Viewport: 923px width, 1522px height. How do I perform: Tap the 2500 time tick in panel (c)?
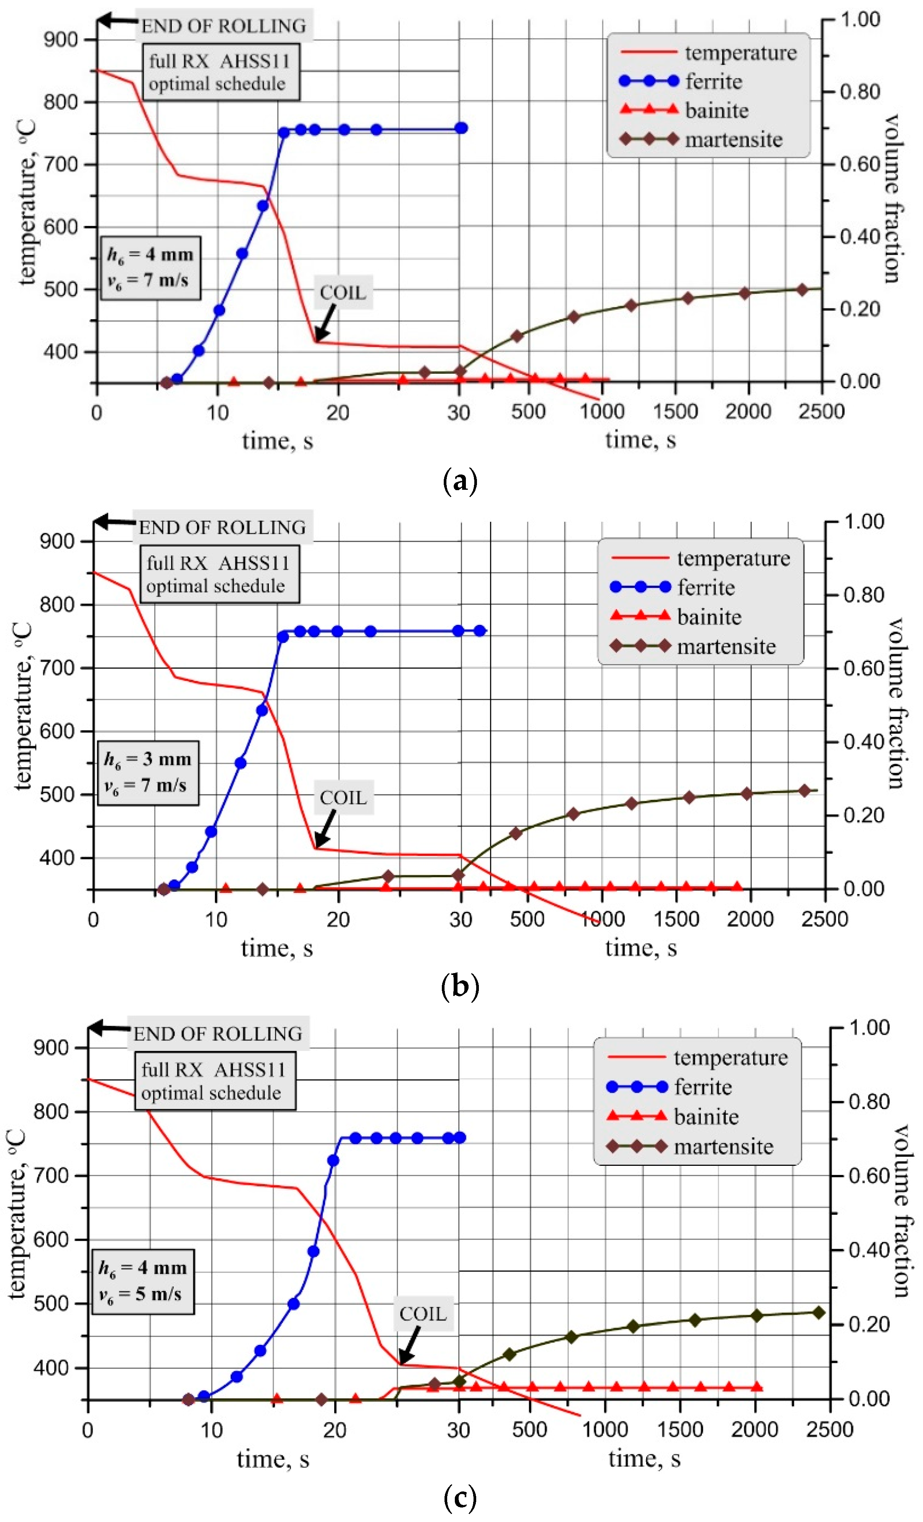coord(830,1429)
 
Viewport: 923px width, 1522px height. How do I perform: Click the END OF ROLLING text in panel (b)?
coord(222,528)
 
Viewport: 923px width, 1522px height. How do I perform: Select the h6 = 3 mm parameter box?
coord(148,772)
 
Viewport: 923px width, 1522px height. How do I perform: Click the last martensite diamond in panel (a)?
coord(802,290)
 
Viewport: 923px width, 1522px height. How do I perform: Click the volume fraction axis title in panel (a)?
coord(891,198)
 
